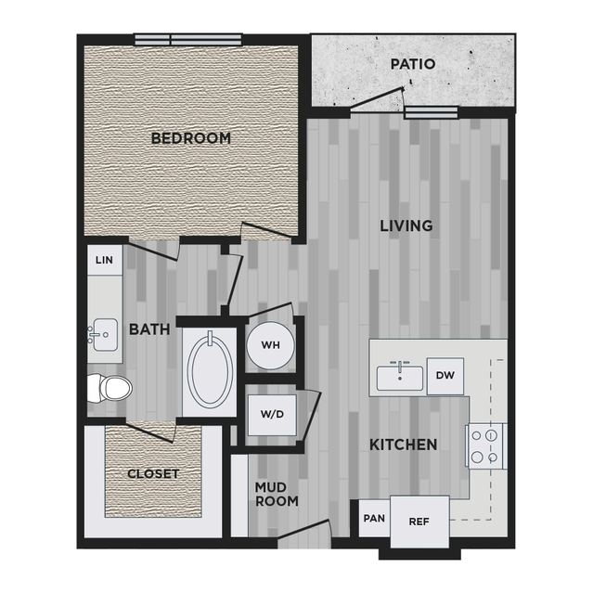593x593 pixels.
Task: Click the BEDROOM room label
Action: pyautogui.click(x=191, y=138)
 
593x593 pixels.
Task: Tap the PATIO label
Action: pyautogui.click(x=413, y=64)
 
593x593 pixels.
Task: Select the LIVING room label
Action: pyautogui.click(x=406, y=226)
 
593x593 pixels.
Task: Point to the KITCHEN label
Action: pyautogui.click(x=403, y=445)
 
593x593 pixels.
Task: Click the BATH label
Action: pyautogui.click(x=149, y=329)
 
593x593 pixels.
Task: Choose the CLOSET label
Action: pyautogui.click(x=153, y=474)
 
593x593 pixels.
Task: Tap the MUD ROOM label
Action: pyautogui.click(x=277, y=494)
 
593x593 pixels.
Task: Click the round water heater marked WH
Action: pyautogui.click(x=270, y=345)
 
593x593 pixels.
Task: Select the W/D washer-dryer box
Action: pyautogui.click(x=272, y=415)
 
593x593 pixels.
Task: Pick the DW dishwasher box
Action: pyautogui.click(x=445, y=376)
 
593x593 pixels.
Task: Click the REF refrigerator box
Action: pyautogui.click(x=419, y=522)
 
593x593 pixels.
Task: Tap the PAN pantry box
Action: pyautogui.click(x=374, y=518)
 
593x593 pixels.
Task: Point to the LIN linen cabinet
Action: pyautogui.click(x=105, y=260)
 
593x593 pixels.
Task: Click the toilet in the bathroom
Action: pyautogui.click(x=110, y=389)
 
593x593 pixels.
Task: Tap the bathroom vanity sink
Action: pyautogui.click(x=104, y=335)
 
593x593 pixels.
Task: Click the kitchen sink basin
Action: pyautogui.click(x=400, y=378)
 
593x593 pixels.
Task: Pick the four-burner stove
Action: pyautogui.click(x=486, y=446)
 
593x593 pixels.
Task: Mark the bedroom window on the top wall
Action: pyautogui.click(x=188, y=40)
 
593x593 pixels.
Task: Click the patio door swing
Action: pyautogui.click(x=377, y=99)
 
